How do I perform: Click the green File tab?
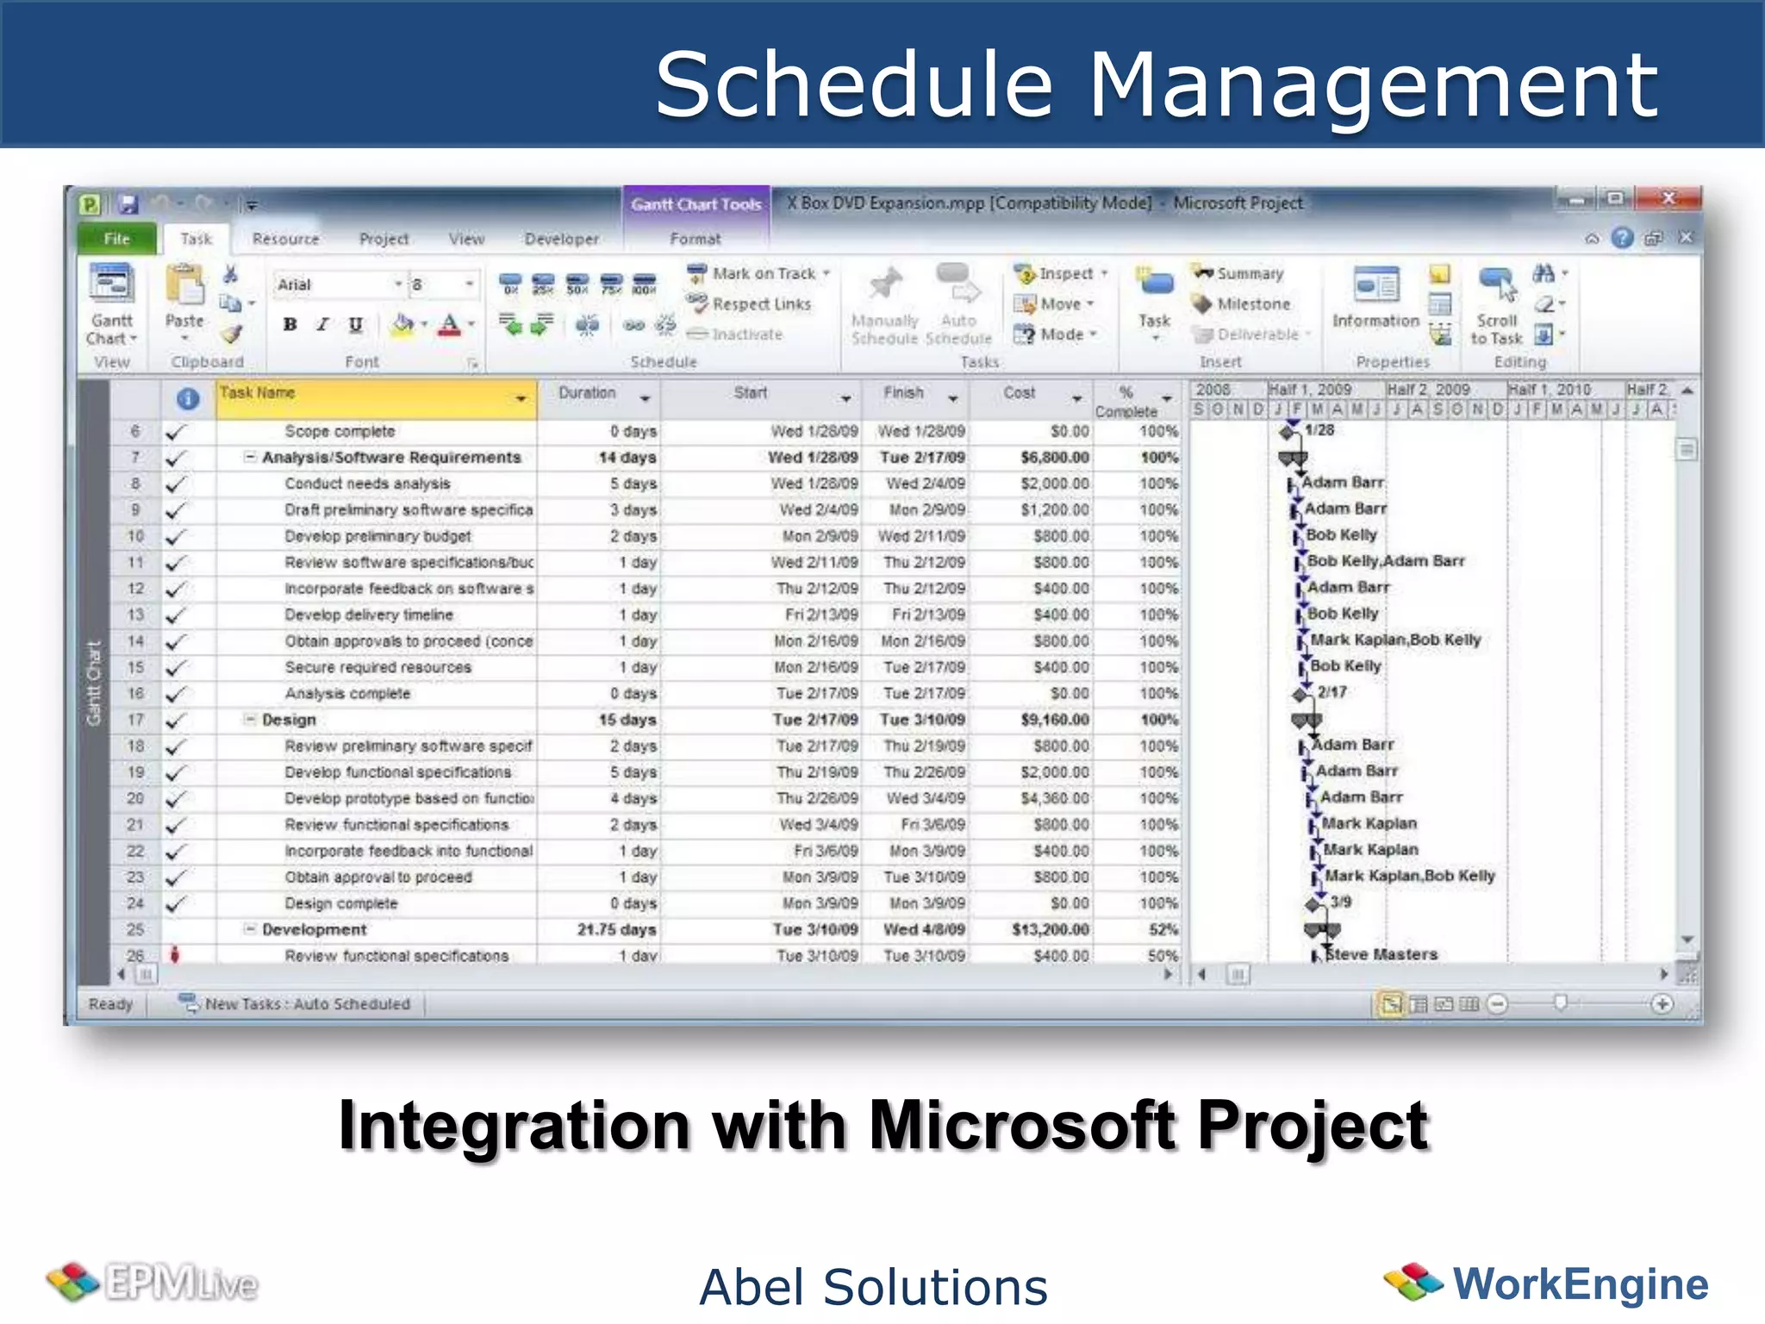pos(117,239)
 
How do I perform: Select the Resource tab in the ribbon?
pos(285,239)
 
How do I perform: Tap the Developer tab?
pos(561,239)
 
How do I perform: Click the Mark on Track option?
pos(763,273)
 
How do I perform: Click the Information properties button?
pos(1375,298)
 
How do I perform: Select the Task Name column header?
pos(371,395)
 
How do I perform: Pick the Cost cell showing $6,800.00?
pos(1054,458)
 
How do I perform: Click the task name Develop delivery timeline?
pos(369,615)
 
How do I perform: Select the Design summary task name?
pos(289,720)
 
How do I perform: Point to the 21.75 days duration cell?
pos(616,930)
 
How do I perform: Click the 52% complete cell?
pos(1163,930)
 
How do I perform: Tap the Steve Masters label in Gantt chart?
pos(1381,955)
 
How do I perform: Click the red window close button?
pos(1668,199)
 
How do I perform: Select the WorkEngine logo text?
pos(1580,1283)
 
